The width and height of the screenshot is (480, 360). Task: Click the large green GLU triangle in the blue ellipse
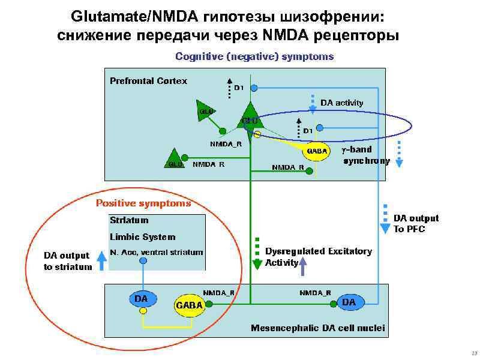tap(250, 116)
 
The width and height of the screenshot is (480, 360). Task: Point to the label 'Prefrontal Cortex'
tap(148, 81)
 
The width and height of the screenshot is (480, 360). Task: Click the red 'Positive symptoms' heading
tap(143, 203)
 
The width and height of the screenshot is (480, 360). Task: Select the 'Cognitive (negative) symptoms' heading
tap(254, 56)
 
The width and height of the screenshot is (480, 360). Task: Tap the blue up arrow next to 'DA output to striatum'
tap(101, 259)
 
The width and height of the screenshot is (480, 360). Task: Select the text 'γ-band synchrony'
tap(366, 155)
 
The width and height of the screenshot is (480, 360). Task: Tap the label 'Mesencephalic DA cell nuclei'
tap(317, 328)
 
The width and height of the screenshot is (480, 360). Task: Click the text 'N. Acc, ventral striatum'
tap(157, 252)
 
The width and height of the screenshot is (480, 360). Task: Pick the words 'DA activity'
tap(342, 103)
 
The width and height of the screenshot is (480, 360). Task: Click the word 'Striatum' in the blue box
tap(129, 220)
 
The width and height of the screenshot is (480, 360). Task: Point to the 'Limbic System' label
tap(142, 237)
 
